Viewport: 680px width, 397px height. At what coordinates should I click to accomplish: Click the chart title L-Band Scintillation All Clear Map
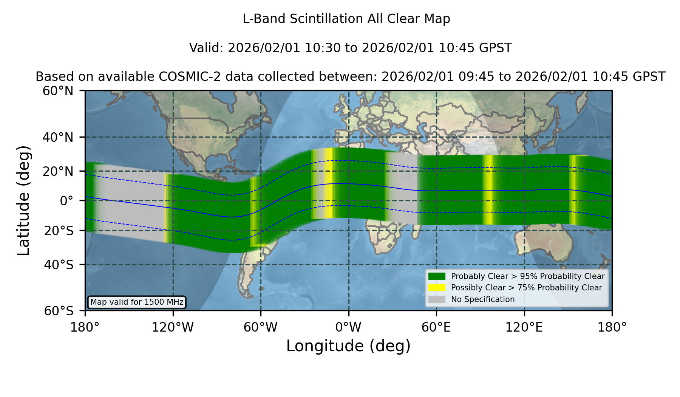coord(346,19)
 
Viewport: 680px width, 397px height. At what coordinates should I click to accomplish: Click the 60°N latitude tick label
coord(58,91)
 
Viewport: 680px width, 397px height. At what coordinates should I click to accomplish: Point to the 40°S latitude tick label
coord(59,265)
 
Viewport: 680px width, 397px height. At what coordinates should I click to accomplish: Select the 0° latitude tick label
coord(66,201)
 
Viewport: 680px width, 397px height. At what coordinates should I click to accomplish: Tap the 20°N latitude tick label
coord(58,171)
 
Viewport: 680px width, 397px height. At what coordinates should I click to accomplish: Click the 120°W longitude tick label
coord(173,327)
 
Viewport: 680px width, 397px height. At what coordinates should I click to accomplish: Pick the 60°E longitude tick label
coord(436,327)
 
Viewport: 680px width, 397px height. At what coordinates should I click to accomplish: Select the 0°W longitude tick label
coord(349,327)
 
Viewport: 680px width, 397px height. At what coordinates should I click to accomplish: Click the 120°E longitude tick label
coord(524,327)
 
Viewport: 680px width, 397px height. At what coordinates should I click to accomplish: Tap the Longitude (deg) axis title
coord(348,346)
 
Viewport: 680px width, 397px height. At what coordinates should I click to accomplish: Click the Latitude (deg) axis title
coord(24,200)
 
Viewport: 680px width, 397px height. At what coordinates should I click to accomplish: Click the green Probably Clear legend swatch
coord(437,276)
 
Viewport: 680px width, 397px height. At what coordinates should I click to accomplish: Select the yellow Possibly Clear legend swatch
coord(437,288)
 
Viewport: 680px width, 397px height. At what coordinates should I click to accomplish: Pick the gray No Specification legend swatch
coord(437,299)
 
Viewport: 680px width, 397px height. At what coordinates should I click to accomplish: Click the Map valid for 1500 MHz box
coord(137,302)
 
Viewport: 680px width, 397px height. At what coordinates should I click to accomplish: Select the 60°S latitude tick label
coord(59,311)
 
